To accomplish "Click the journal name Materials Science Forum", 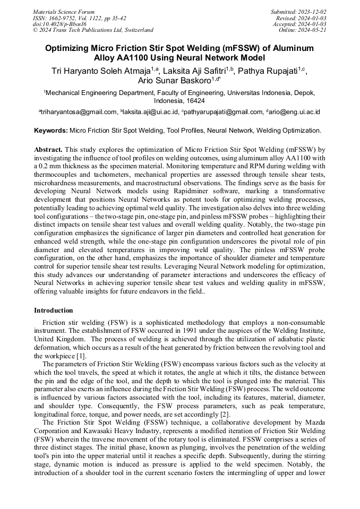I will [64, 12].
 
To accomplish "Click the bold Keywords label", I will [51, 130].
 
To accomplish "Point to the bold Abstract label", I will [48, 150].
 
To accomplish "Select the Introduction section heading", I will [54, 310].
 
